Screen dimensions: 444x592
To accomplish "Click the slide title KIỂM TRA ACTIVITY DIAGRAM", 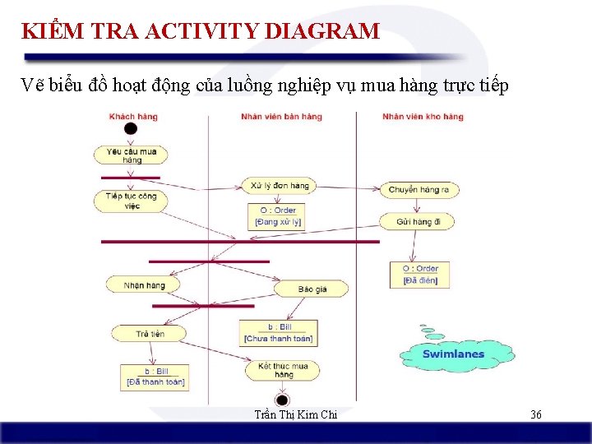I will click(201, 32).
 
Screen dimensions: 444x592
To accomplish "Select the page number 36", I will click(535, 414).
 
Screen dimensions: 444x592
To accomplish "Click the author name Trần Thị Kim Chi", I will click(296, 414).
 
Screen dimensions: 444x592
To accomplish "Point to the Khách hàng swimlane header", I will click(133, 117).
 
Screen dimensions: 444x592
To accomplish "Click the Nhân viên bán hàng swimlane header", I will click(281, 117).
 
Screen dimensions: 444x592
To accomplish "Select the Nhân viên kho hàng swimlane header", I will click(423, 117).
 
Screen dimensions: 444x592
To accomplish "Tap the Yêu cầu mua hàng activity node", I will click(132, 155).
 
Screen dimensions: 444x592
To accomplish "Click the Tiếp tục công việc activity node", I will click(132, 201).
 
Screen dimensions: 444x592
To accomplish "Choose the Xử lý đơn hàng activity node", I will click(280, 186).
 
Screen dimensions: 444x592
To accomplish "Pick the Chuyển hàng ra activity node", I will click(419, 190).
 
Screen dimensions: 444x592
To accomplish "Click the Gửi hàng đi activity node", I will click(419, 222).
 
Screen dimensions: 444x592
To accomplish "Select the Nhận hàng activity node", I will click(144, 285).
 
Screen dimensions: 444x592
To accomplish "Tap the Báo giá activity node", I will click(312, 289).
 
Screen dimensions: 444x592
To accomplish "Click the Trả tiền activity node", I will click(150, 334).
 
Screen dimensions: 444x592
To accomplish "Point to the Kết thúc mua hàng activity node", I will click(282, 370).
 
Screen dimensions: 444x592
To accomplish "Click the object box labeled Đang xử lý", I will click(277, 216).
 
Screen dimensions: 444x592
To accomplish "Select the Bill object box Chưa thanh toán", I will click(280, 333).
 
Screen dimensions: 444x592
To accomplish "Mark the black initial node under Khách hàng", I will click(131, 129).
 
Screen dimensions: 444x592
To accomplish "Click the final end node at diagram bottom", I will click(282, 400).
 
